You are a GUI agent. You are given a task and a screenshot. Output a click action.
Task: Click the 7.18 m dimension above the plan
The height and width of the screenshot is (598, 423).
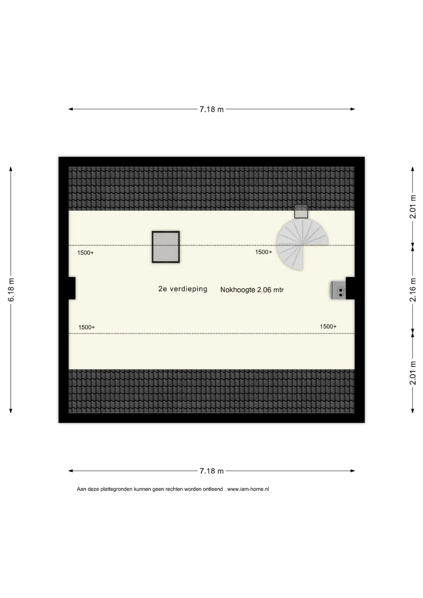(x=211, y=109)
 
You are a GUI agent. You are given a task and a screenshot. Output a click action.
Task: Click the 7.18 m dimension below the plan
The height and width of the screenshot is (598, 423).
(x=211, y=471)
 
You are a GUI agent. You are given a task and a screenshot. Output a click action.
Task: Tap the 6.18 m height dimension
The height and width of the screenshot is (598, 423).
(x=11, y=290)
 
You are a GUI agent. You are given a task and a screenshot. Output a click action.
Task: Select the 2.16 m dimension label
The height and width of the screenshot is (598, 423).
(x=413, y=290)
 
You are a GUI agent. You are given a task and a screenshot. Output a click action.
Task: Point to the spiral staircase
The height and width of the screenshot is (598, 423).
(x=302, y=244)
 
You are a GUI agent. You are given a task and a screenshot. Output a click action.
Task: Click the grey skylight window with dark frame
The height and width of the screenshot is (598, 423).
(x=166, y=247)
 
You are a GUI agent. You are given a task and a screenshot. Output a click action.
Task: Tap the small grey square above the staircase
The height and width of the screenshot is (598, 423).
(x=301, y=212)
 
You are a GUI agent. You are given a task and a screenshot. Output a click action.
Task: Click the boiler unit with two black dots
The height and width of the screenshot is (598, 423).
(x=338, y=290)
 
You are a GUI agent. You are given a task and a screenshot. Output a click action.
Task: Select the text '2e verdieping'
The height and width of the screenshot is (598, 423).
(x=183, y=289)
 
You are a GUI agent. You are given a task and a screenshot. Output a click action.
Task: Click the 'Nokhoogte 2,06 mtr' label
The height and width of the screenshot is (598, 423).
(x=252, y=290)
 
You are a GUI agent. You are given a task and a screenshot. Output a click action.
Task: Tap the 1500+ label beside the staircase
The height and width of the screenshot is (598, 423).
(x=263, y=252)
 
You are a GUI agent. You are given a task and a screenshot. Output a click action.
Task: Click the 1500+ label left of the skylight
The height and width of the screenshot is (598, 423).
(x=85, y=253)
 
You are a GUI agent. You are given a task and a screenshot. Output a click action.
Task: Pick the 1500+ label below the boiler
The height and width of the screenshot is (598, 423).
(x=328, y=326)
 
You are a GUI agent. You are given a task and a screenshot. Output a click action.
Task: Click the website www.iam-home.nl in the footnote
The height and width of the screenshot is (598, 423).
(x=248, y=489)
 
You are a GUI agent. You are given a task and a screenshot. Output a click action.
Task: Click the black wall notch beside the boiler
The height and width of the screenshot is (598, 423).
(x=350, y=288)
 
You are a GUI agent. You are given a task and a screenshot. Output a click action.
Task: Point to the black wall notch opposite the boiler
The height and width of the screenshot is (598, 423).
(x=72, y=288)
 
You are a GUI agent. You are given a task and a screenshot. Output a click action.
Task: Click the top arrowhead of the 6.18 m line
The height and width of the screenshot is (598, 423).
(x=11, y=169)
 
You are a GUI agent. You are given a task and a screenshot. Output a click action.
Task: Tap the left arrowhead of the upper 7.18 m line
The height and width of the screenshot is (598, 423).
(x=71, y=109)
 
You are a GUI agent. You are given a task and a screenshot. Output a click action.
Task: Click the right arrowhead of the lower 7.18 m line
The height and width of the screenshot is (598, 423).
(x=352, y=471)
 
